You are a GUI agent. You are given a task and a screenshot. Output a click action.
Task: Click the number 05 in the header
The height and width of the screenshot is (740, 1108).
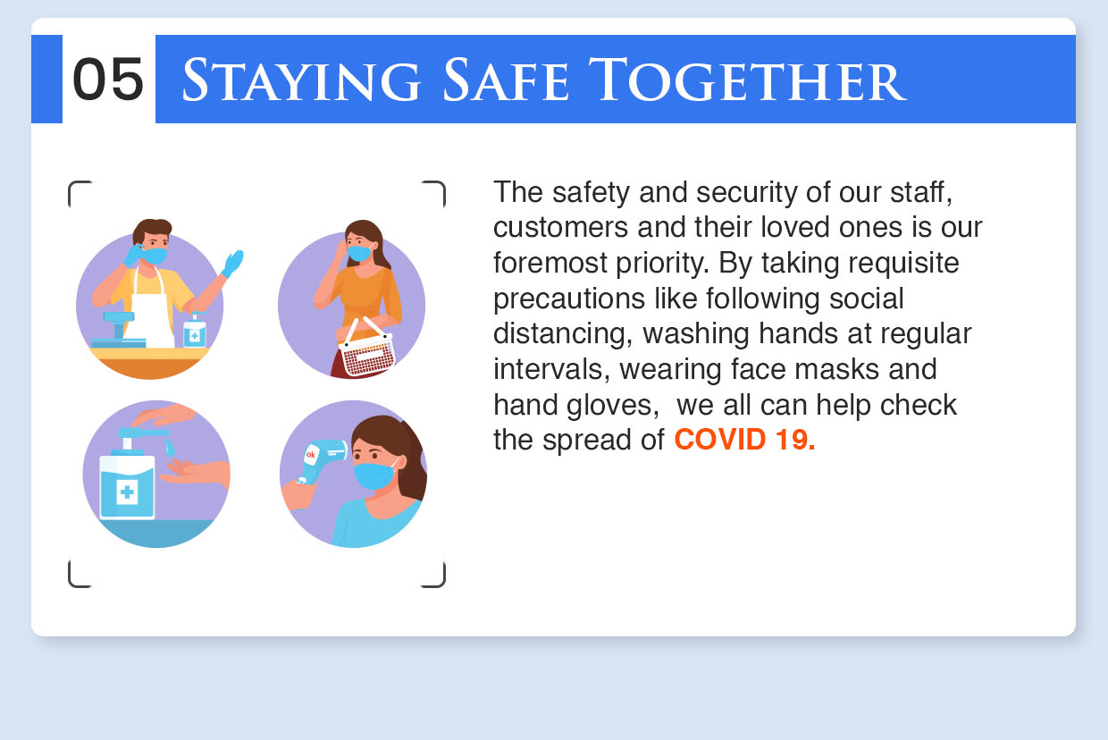(108, 80)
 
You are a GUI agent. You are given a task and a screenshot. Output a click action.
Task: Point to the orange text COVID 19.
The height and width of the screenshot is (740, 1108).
(744, 440)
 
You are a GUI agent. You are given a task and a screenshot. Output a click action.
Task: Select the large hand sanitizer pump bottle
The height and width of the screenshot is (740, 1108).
(127, 484)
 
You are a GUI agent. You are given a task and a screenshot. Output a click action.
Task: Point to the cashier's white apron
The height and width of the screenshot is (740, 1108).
(152, 313)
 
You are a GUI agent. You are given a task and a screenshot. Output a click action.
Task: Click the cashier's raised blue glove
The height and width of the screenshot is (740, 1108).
(232, 263)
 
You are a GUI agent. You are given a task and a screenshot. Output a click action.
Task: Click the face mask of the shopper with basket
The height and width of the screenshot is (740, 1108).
(359, 254)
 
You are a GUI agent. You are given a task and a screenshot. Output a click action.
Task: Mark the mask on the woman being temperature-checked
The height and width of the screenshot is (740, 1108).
(374, 475)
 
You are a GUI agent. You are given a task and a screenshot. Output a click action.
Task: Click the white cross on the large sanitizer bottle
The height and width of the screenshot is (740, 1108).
(127, 492)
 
